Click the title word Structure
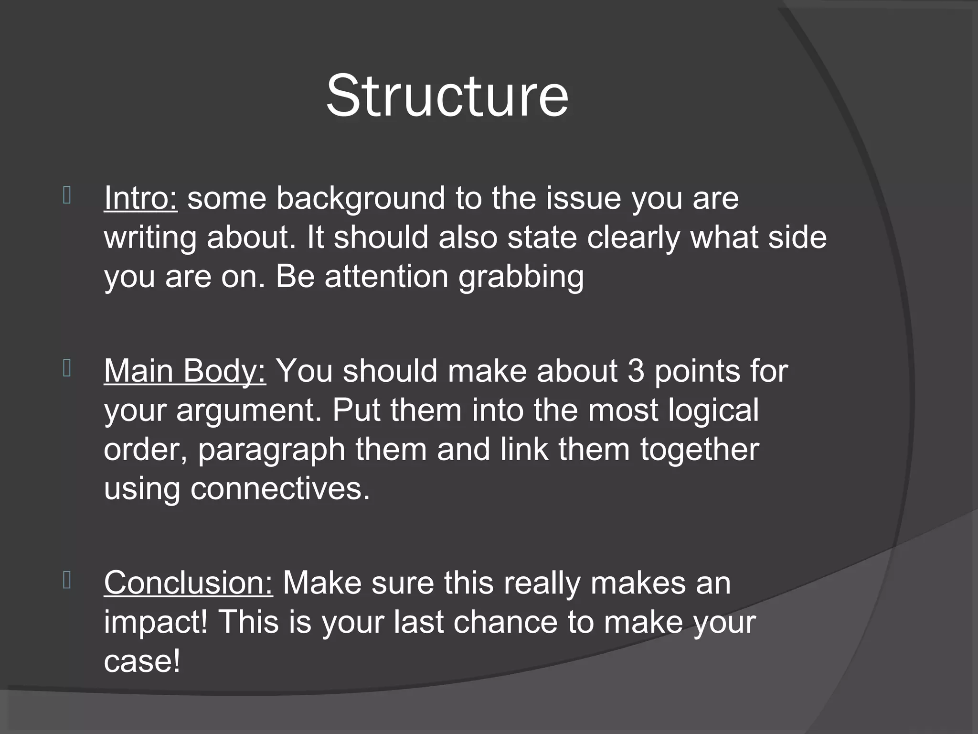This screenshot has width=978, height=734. click(x=447, y=96)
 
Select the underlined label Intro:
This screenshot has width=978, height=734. click(x=141, y=198)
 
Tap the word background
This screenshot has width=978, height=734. click(x=361, y=199)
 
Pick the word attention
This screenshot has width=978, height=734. click(x=386, y=277)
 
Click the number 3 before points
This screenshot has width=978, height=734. click(x=636, y=371)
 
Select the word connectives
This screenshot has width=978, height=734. click(x=280, y=489)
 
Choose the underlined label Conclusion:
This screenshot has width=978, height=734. click(x=188, y=583)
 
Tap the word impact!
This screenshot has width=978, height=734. click(x=156, y=623)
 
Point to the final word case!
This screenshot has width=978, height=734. click(x=142, y=661)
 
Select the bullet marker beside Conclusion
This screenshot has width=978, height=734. click(x=67, y=580)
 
